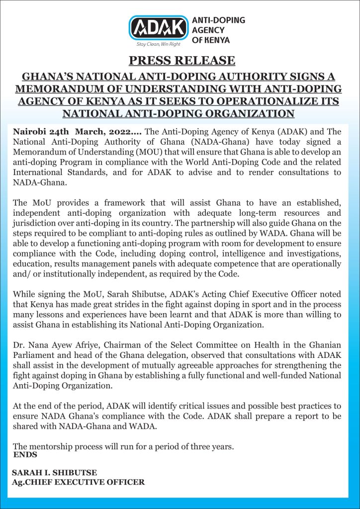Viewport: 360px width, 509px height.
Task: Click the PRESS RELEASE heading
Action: [181, 61]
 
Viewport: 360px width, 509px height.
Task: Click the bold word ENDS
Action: [25, 454]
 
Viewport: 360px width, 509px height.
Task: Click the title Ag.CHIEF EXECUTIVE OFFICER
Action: [79, 482]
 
